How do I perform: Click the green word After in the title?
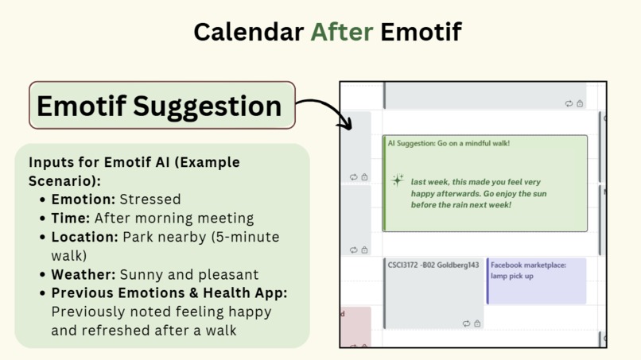click(x=341, y=32)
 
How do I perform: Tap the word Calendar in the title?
click(x=248, y=32)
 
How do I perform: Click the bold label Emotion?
click(x=83, y=199)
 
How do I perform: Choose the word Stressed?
click(x=150, y=199)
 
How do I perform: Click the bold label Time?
click(x=71, y=219)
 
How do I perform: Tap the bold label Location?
click(x=85, y=237)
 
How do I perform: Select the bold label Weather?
click(x=84, y=275)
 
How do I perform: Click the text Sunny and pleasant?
click(x=189, y=275)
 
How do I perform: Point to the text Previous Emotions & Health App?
click(x=169, y=293)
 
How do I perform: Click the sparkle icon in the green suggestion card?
click(x=398, y=180)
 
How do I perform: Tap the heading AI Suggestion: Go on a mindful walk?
click(x=449, y=144)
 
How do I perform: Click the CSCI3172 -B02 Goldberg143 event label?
click(x=433, y=265)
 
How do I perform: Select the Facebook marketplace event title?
click(x=528, y=265)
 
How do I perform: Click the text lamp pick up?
click(x=512, y=277)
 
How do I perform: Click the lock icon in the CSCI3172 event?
click(x=477, y=324)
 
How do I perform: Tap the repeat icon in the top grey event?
click(x=569, y=103)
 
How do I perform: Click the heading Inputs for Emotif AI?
click(x=134, y=162)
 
